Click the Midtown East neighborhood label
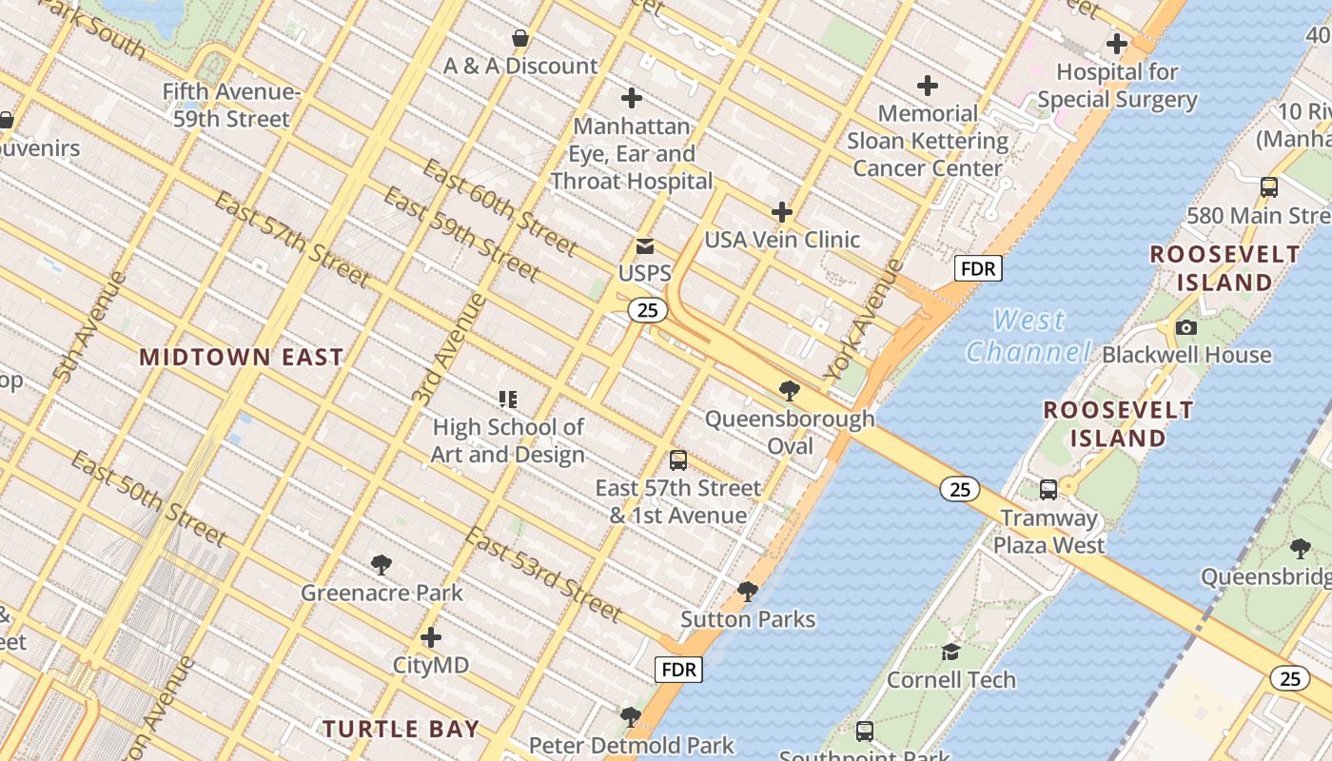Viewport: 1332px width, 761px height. point(241,358)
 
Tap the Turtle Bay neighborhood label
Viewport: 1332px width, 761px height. point(401,730)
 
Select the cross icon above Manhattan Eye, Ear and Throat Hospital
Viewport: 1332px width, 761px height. point(632,98)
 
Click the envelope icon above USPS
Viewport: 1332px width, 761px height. point(645,247)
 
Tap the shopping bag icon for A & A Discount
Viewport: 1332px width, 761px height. point(520,39)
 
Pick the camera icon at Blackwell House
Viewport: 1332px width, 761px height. point(1186,328)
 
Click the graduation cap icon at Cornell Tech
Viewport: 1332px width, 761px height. point(950,653)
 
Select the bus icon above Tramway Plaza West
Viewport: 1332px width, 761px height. point(1048,491)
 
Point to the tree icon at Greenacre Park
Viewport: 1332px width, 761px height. point(382,566)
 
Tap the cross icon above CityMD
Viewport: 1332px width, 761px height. point(431,637)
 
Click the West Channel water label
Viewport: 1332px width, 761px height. point(1028,336)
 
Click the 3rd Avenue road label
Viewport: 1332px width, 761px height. point(450,349)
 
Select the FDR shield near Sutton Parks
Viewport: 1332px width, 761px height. point(679,670)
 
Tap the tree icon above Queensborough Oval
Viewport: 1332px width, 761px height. point(789,391)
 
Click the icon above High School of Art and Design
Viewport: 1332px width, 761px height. point(508,400)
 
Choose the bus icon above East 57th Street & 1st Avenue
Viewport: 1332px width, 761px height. point(678,461)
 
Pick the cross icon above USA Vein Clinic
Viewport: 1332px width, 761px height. point(782,212)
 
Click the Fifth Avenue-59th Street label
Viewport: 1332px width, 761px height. point(232,106)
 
